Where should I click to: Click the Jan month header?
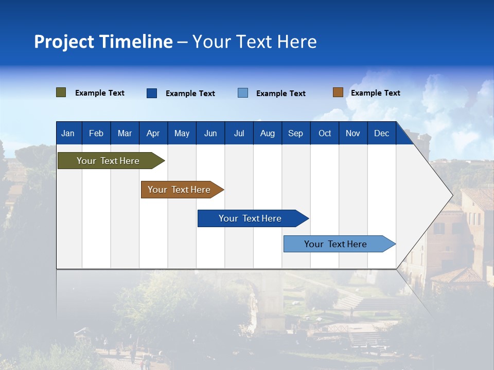[68, 133]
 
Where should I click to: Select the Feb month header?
[96, 133]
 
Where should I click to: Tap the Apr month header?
[153, 133]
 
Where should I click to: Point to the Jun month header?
[210, 133]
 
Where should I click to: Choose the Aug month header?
[268, 133]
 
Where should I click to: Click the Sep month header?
[295, 133]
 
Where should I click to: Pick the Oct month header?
[325, 133]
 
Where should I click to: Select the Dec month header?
[382, 133]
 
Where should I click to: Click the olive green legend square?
[61, 92]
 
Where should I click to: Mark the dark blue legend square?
[152, 93]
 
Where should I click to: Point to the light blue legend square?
[243, 93]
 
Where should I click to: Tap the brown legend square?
[338, 92]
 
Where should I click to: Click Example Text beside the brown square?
[375, 93]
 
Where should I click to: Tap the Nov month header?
[353, 133]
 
